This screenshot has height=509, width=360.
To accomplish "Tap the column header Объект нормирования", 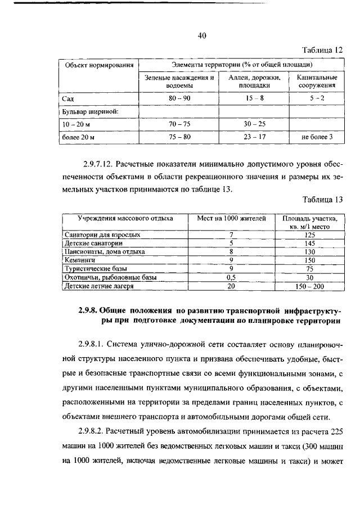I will click(x=99, y=65).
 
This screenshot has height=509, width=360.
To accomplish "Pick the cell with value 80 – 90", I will click(x=179, y=98).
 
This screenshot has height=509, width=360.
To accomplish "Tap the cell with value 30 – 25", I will click(x=254, y=124).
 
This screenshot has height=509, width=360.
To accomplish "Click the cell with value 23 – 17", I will click(x=254, y=137).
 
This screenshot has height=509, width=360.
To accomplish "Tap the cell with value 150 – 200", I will click(x=310, y=286).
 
